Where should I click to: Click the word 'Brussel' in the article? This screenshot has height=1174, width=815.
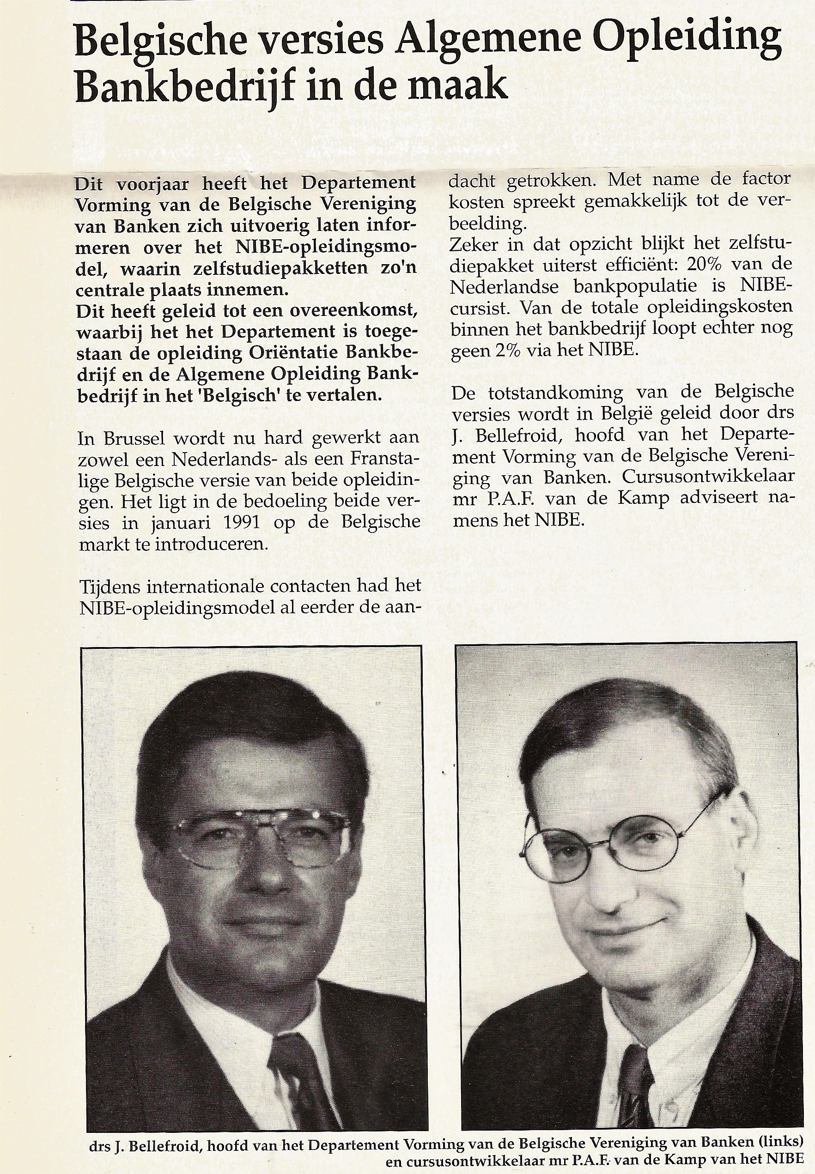[x=128, y=437]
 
